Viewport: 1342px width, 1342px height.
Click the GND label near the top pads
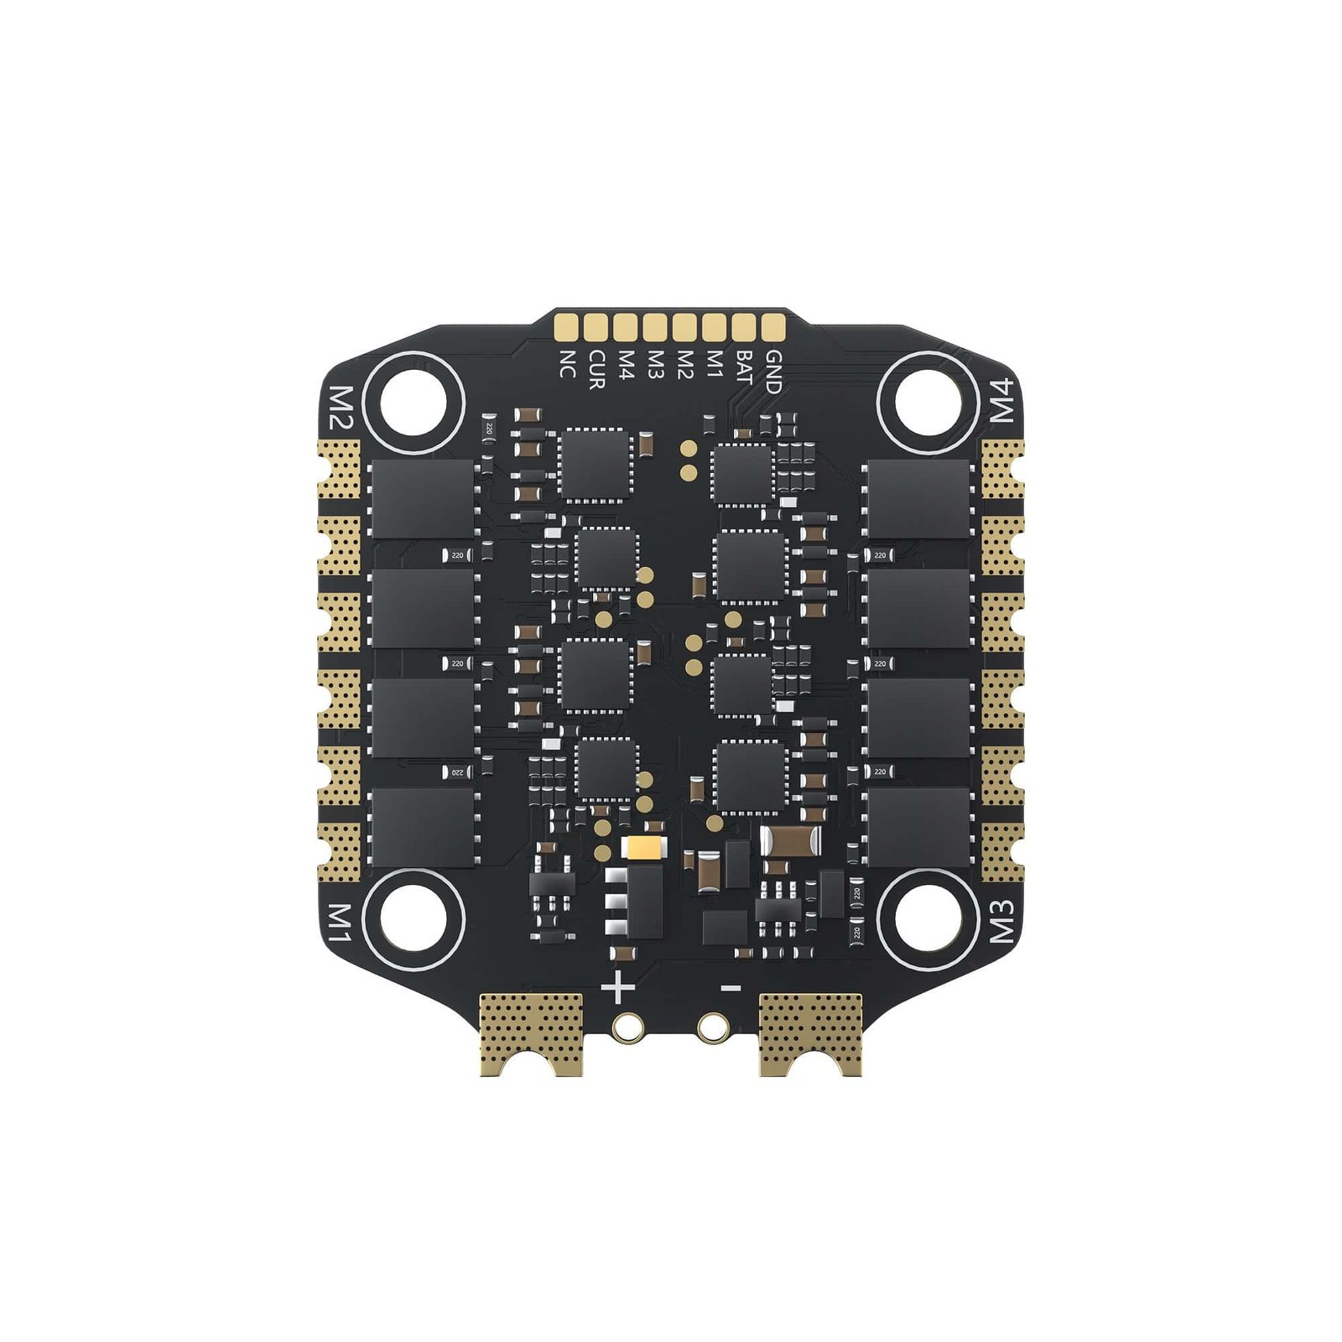coord(773,372)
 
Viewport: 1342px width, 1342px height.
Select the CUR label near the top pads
coord(596,369)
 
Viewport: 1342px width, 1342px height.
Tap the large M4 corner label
coord(1003,400)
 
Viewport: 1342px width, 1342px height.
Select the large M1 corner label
coord(340,922)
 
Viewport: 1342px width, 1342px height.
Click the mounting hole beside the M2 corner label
coord(412,402)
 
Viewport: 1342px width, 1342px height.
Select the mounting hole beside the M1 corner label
coord(412,918)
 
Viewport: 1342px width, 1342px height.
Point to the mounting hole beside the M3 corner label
coord(927,918)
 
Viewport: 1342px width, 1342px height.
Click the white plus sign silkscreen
coord(618,987)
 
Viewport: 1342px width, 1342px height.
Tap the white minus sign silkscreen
coord(731,988)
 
